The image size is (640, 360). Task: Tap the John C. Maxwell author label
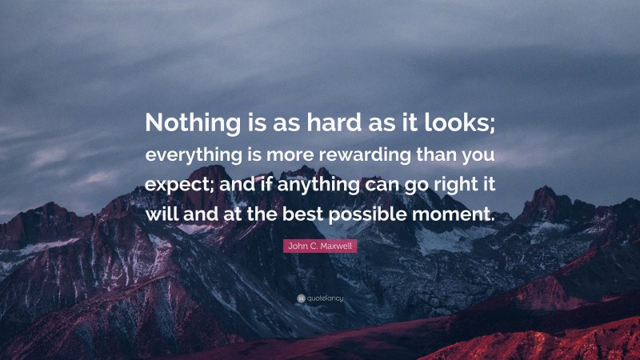click(x=320, y=247)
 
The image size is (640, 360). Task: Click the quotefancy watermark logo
click(x=320, y=298)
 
